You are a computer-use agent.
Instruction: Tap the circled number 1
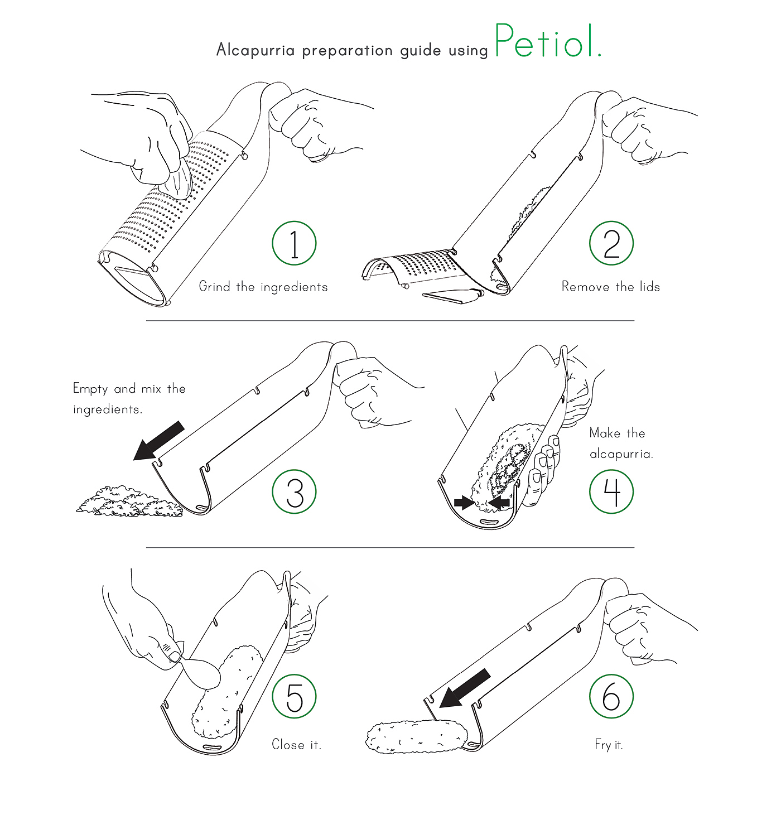point(294,243)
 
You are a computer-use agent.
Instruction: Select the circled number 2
point(611,243)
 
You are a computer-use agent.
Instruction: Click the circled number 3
point(294,491)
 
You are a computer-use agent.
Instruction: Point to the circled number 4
point(611,491)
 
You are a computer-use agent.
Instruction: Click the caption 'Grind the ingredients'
point(263,287)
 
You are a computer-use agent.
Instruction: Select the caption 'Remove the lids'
point(611,287)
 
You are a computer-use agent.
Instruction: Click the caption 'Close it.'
point(296,744)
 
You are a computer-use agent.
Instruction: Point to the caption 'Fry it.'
point(609,745)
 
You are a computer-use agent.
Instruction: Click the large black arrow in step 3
point(159,441)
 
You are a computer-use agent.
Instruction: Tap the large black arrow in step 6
point(465,688)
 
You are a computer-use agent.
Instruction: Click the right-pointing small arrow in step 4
point(464,503)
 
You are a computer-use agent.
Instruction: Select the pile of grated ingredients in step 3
point(130,502)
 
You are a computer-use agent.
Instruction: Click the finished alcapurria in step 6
point(417,737)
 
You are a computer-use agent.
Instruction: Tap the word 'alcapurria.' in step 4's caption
point(621,455)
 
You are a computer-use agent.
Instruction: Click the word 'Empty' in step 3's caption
point(90,389)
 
